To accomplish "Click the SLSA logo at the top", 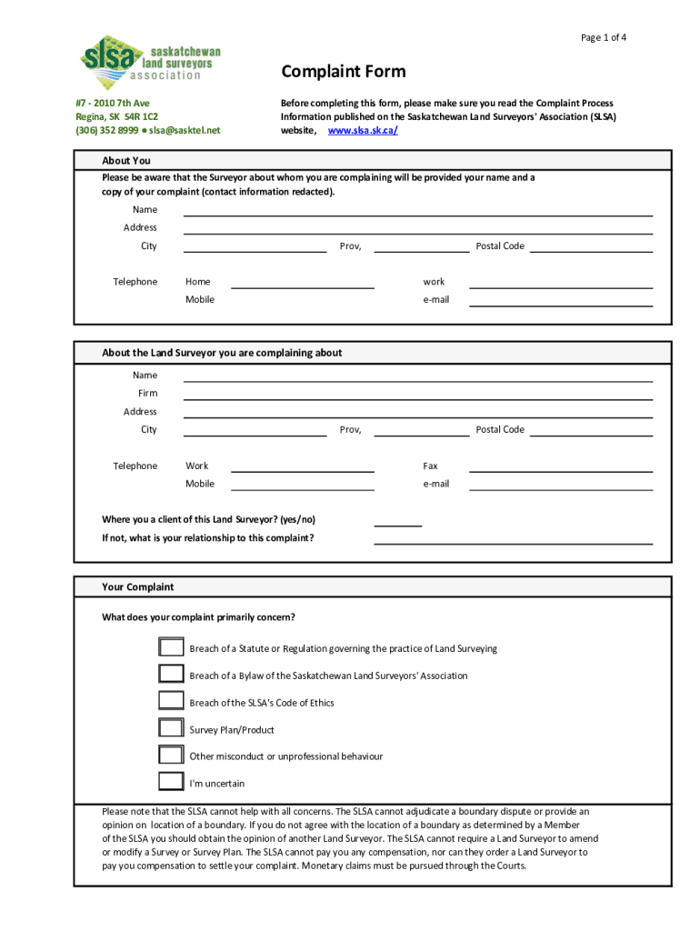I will tap(151, 63).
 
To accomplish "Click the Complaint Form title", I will tap(343, 72).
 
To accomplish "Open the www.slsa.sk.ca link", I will tap(362, 130).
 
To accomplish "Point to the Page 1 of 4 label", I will tap(604, 37).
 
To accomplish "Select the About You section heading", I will tap(126, 161).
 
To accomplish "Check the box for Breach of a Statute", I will tap(171, 647).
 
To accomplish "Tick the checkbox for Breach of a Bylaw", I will tap(171, 675).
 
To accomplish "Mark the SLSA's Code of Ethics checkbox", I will tap(171, 701).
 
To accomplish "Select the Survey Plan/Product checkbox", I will tap(171, 728).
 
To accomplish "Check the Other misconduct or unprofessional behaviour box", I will tap(171, 755).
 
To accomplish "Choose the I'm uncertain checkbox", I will tap(171, 782).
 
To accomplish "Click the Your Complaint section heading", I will tap(137, 586).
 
